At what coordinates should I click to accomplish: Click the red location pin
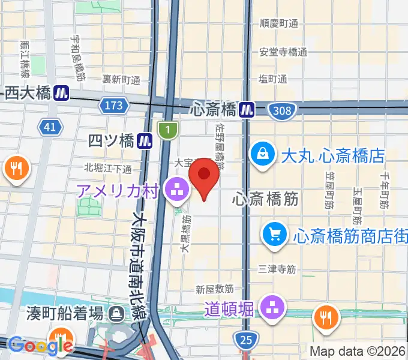[205, 175]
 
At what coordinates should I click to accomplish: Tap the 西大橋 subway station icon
[61, 92]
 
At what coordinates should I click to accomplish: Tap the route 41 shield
[50, 126]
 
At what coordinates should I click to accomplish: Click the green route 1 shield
[169, 130]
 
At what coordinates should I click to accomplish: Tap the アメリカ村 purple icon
[177, 191]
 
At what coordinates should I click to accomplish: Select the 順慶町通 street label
[278, 23]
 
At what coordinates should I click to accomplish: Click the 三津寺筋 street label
[277, 269]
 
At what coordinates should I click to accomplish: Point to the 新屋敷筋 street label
[214, 290]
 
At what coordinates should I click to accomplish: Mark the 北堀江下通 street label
[108, 167]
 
